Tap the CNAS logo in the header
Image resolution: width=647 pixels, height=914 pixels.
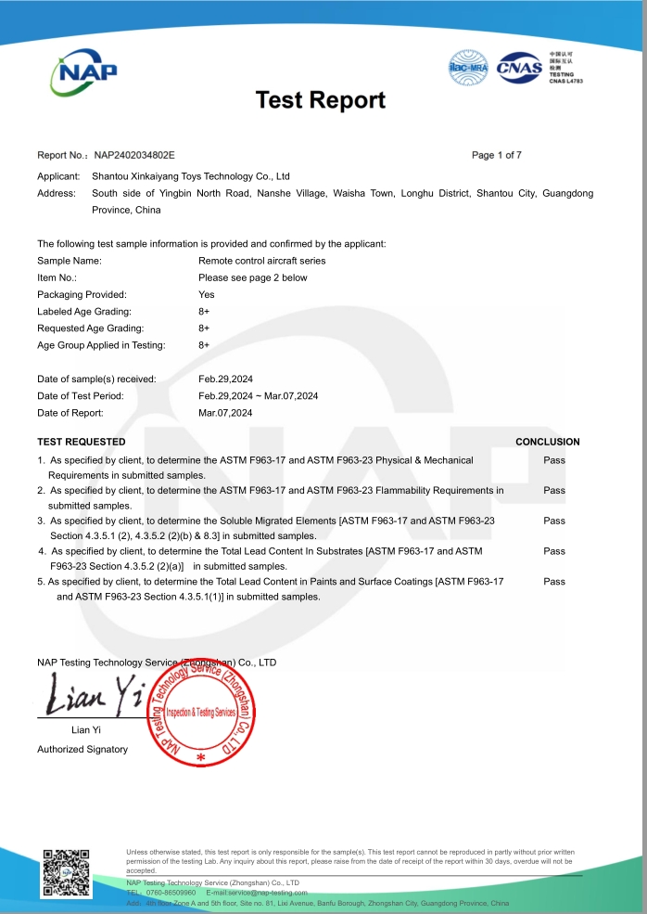tap(518, 68)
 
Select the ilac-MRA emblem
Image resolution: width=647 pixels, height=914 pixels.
tap(468, 68)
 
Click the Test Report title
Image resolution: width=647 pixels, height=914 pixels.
tap(320, 100)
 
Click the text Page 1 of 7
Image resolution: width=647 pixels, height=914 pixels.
tap(497, 155)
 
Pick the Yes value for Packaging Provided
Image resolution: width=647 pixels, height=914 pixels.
tap(207, 294)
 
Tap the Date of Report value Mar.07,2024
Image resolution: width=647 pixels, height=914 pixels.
tap(225, 412)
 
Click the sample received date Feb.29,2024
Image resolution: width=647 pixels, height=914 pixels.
tap(225, 379)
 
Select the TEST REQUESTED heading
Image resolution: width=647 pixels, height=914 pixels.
tap(82, 442)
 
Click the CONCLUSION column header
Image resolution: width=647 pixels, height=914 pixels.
tap(548, 442)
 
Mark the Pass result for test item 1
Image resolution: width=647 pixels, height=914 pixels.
tap(554, 459)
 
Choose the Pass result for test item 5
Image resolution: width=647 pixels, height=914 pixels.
tap(554, 581)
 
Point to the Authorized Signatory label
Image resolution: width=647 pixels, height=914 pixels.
tap(82, 749)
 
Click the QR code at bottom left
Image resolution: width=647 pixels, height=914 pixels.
tap(65, 871)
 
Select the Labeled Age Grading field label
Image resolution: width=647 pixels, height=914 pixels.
tap(84, 311)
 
